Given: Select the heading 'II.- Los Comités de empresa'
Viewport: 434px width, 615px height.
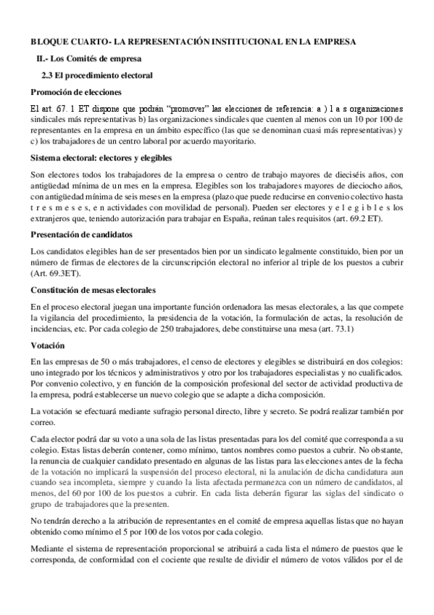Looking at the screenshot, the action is point(88,58).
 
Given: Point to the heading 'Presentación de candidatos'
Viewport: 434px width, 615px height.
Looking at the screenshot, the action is point(80,234).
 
